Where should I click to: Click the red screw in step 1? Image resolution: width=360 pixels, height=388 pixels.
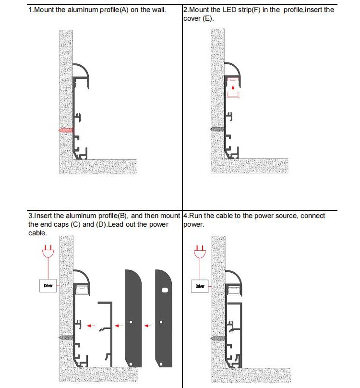pos(66,130)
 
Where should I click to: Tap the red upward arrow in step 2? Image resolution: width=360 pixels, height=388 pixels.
pos(233,88)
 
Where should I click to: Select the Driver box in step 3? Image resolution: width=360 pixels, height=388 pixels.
pos(48,286)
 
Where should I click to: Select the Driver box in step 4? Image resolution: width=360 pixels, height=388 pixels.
pos(200,286)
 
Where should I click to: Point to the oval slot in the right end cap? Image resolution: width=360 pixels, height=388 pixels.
pos(165,291)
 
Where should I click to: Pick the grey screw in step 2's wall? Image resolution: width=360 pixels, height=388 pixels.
pos(217,130)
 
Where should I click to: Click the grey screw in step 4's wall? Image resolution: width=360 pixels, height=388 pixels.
pos(217,337)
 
